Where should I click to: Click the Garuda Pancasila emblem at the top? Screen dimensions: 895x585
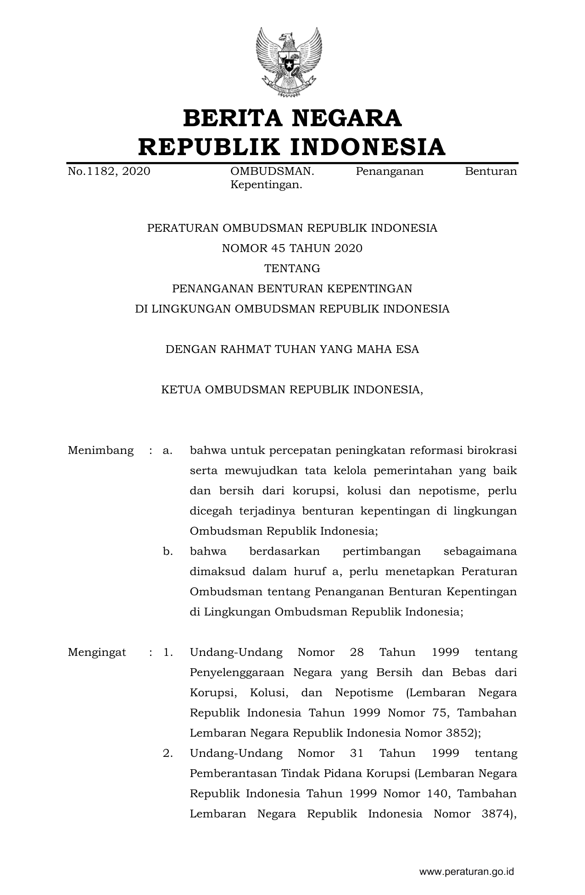click(x=289, y=62)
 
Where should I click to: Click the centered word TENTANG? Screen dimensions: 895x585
click(x=292, y=268)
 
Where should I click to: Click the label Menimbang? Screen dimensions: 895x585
click(x=100, y=450)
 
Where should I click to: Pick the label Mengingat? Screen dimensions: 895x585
click(x=97, y=652)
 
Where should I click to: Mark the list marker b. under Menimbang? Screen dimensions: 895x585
click(x=168, y=551)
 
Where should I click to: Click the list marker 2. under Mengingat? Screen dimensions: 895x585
click(x=168, y=753)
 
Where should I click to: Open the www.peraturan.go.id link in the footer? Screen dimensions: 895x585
click(x=467, y=872)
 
